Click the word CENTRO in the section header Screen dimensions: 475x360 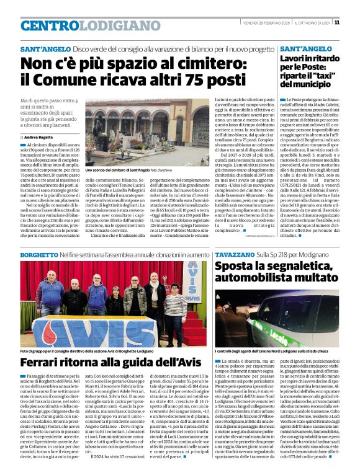[x=52, y=25]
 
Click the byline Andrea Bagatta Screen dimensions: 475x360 [x=39, y=137]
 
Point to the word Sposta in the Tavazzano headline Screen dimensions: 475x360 [x=238, y=267]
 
